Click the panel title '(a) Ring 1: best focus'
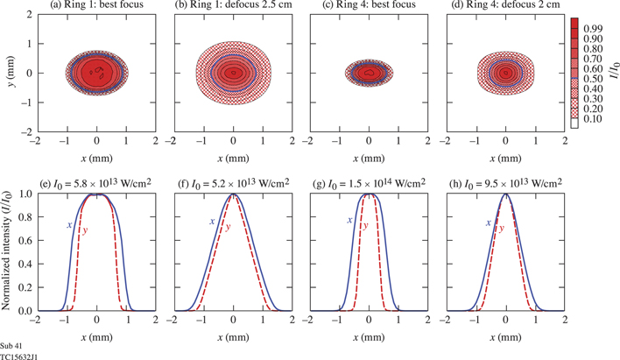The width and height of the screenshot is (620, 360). tap(95, 7)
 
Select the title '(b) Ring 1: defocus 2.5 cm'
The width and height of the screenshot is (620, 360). tap(232, 7)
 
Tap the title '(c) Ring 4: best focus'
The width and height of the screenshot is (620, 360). tap(369, 7)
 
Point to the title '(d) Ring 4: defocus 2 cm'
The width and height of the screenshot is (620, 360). tap(505, 7)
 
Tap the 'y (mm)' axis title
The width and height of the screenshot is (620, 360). tap(8, 72)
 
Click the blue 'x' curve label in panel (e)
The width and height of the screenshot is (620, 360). tap(69, 226)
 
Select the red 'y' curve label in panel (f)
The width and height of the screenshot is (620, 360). tap(228, 229)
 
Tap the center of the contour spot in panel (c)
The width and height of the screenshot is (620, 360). tap(369, 72)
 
